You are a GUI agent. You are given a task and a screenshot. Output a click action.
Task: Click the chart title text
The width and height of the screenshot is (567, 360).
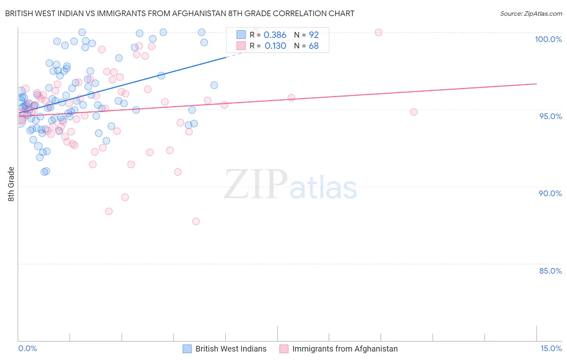point(180,13)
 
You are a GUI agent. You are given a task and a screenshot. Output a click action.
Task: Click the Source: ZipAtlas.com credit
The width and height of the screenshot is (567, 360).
point(531,14)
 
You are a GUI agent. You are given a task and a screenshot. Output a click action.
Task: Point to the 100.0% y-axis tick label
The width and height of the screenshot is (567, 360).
point(548,39)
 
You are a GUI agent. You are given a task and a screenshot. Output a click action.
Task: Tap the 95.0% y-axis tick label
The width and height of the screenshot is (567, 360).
point(550,116)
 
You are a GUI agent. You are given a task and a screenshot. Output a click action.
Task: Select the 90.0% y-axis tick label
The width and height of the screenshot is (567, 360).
point(550,193)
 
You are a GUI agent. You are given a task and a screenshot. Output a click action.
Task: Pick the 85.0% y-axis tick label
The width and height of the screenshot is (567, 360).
point(550,271)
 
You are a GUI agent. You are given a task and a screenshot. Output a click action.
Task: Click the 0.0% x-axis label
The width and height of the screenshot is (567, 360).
point(27,348)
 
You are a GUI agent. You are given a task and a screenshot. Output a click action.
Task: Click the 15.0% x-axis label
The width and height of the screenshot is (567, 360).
point(551,348)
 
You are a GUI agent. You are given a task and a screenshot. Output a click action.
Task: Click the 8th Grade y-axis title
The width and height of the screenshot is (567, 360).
point(11,184)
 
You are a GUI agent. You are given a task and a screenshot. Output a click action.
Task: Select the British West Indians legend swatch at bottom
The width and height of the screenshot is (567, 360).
point(187,349)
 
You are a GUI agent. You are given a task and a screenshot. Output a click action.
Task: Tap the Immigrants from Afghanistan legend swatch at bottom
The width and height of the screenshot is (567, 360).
point(284,349)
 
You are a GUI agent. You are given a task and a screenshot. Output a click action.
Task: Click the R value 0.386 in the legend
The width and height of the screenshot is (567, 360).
point(275,35)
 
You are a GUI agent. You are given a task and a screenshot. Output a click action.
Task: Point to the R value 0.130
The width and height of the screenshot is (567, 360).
point(275,46)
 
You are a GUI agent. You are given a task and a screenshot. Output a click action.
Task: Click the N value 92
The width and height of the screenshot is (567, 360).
point(314,35)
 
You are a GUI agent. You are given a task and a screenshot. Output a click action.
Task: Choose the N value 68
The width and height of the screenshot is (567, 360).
point(314,46)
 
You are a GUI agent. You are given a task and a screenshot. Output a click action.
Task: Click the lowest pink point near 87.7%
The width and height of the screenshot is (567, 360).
point(196,221)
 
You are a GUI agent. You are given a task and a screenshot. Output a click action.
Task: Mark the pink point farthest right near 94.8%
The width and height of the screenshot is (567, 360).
point(414,112)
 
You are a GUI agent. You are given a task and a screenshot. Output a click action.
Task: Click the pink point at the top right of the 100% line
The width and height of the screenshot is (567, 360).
point(378,32)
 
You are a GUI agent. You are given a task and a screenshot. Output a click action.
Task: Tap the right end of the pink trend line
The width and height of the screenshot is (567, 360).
point(536,84)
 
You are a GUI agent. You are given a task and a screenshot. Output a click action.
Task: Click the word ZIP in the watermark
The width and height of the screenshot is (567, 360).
point(256,184)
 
